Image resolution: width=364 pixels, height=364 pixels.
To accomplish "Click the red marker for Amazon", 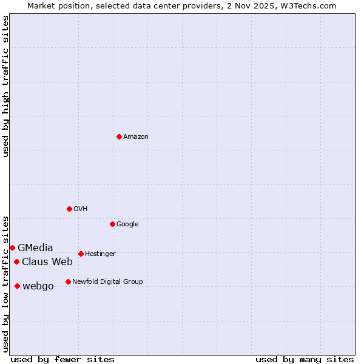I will tap(119, 136).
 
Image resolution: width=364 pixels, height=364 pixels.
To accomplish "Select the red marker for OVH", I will tap(69, 209).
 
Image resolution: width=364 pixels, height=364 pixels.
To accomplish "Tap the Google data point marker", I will tap(112, 224).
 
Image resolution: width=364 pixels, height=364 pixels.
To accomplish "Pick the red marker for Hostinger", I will tap(81, 254).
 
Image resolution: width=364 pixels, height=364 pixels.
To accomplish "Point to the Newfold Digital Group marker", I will tap(68, 281).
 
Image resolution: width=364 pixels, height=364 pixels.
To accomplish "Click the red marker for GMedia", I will tap(12, 248).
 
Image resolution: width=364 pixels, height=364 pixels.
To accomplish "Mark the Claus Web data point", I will tap(16, 261).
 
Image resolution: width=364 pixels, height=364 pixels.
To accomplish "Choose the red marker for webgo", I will tap(17, 286).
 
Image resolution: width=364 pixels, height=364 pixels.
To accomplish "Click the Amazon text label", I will tap(136, 137).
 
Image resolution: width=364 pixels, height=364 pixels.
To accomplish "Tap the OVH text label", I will tap(81, 209).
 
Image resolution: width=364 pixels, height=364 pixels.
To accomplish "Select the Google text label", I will tap(127, 224).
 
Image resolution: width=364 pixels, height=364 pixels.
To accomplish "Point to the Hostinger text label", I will tap(100, 254).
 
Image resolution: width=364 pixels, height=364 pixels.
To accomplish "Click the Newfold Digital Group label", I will tap(107, 282).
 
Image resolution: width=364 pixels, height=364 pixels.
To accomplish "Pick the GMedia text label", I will tap(35, 248).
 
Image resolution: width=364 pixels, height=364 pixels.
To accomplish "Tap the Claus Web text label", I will tap(47, 262).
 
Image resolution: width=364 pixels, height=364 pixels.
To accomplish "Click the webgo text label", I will tap(38, 286).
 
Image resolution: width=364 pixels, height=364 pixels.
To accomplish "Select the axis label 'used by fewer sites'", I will tap(62, 359).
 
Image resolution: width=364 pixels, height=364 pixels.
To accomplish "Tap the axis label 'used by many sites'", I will tap(305, 359).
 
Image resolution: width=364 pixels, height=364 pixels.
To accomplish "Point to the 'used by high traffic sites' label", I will tap(5, 86).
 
